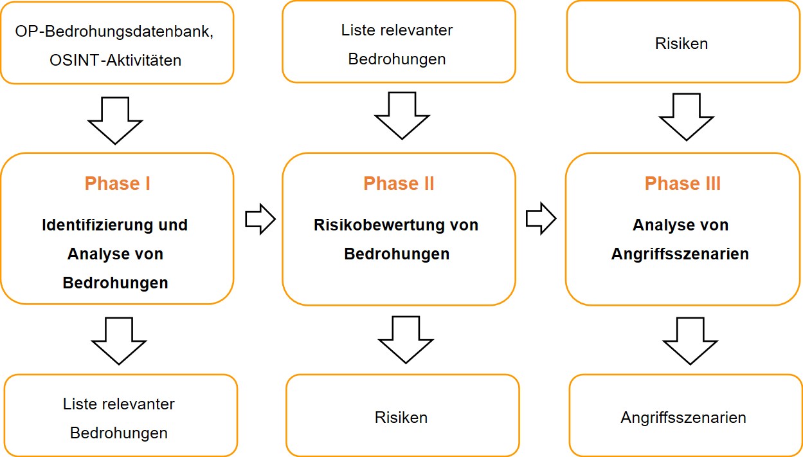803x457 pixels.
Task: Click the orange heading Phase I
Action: (x=117, y=184)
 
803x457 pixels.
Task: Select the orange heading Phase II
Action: (x=399, y=184)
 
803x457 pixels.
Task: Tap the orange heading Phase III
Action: (x=682, y=184)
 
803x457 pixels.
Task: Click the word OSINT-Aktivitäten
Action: (x=115, y=61)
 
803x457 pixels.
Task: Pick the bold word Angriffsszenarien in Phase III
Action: (x=680, y=254)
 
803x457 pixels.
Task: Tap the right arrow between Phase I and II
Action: (x=260, y=219)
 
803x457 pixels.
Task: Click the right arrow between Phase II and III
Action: (x=541, y=219)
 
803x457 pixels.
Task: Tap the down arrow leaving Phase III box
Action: (x=690, y=340)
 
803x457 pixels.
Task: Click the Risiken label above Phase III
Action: (x=681, y=44)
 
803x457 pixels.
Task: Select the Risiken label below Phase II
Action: (x=401, y=417)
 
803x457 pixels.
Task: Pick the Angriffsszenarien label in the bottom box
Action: (x=683, y=417)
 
